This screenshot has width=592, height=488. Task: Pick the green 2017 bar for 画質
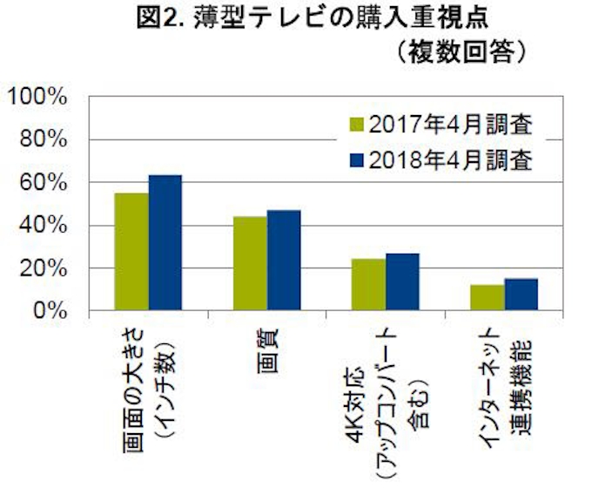[x=251, y=263]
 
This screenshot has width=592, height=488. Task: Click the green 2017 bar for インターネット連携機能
[x=488, y=297]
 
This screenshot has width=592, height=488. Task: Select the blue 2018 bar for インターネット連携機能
[x=521, y=294]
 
